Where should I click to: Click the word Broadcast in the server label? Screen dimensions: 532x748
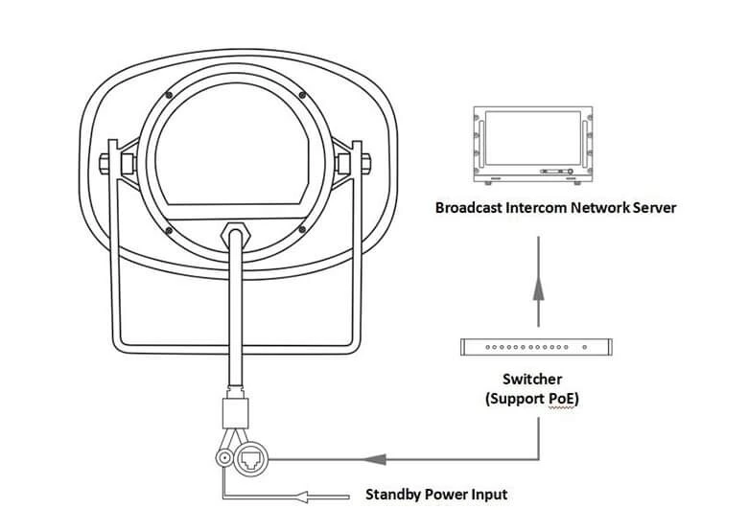[469, 207]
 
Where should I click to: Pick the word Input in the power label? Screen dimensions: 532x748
[485, 495]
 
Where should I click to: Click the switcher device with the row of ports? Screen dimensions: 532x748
[538, 347]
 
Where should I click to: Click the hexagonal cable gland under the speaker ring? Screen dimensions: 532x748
[234, 233]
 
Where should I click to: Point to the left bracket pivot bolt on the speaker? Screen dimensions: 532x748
[103, 162]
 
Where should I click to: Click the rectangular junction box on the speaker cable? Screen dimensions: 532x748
[235, 413]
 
